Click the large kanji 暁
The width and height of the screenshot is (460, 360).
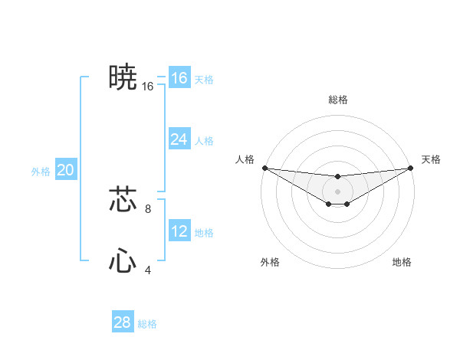123,77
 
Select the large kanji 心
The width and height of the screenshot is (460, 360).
123,261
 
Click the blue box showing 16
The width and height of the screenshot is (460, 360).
179,78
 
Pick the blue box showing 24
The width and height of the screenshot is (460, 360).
179,139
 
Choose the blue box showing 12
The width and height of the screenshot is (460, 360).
179,231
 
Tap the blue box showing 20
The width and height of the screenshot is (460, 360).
65,170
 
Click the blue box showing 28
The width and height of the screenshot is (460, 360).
123,322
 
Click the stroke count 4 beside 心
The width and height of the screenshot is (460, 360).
148,270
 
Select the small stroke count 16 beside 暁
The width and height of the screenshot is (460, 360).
148,87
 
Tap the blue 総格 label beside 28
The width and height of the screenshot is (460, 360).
147,324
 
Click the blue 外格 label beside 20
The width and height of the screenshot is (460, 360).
41,172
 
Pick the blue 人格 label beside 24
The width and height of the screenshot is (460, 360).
204,141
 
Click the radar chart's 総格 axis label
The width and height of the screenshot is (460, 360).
338,100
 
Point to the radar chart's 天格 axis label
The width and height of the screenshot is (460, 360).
432,159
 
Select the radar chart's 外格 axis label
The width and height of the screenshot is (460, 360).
270,262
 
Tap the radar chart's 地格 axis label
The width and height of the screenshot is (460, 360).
402,262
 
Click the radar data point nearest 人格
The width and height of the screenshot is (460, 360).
264,168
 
